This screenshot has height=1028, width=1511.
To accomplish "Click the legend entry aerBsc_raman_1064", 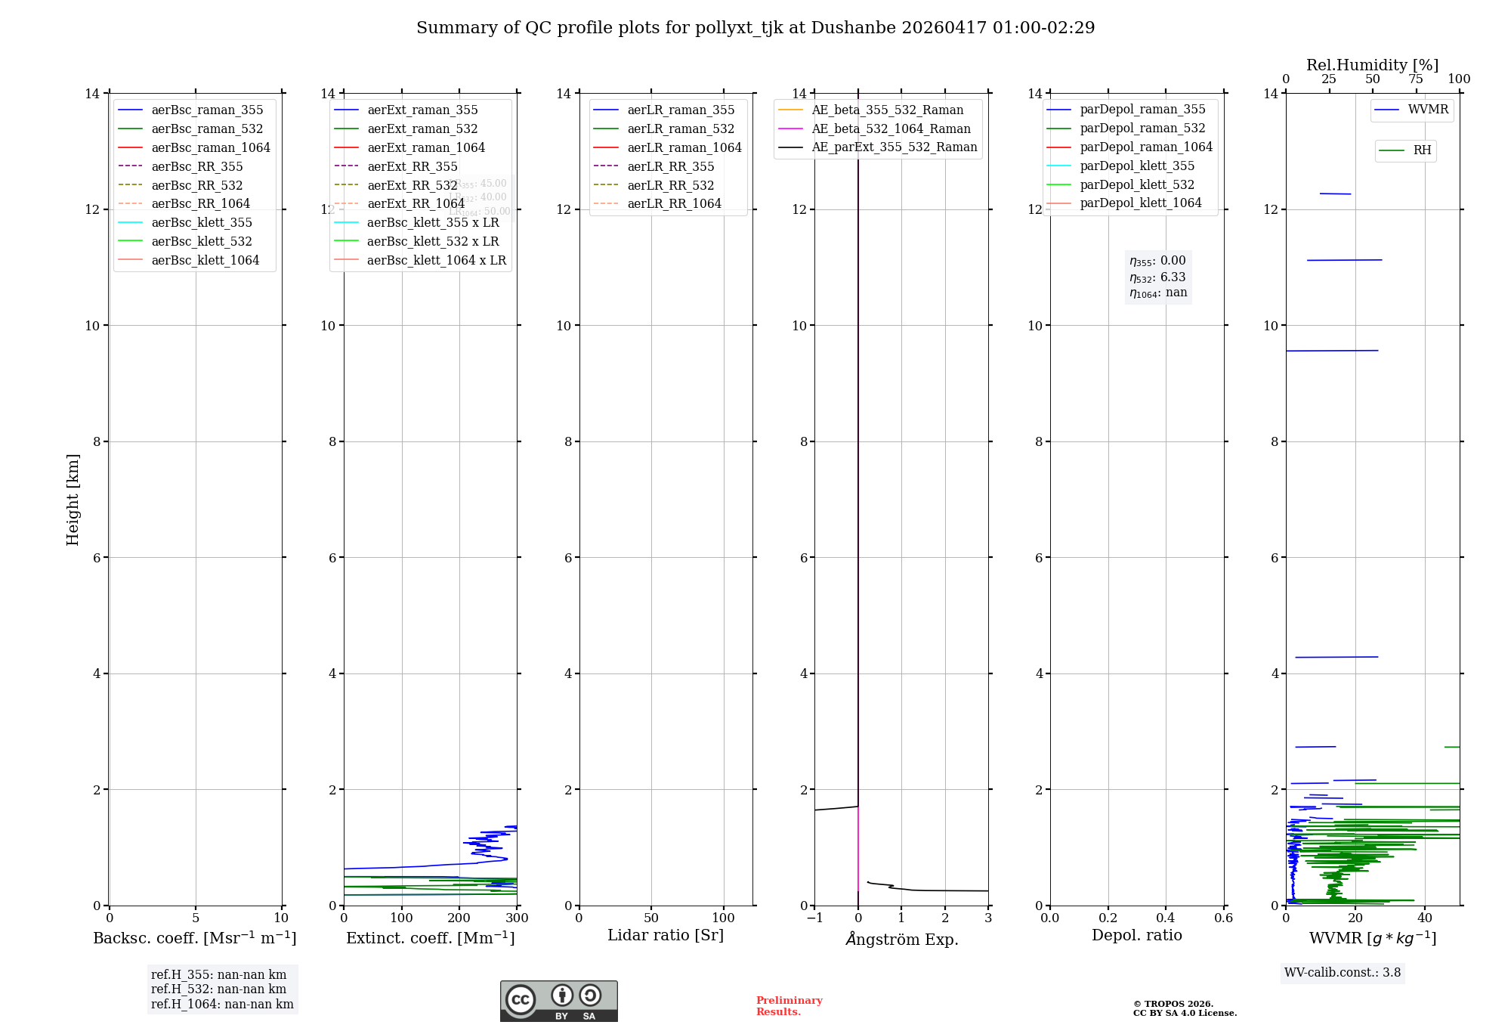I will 211,147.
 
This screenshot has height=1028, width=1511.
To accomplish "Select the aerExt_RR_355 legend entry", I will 413,166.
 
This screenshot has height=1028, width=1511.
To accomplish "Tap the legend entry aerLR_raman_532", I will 681,128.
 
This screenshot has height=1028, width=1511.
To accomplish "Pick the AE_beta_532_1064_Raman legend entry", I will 891,128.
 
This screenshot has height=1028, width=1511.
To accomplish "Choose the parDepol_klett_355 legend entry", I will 1137,166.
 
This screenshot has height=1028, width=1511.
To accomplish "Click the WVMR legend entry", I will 1428,110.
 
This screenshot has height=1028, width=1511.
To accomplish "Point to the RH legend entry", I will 1422,150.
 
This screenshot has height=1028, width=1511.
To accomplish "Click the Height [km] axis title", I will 73,499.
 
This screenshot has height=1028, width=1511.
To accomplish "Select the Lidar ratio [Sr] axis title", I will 666,935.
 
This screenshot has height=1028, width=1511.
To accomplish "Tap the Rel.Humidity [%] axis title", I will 1372,65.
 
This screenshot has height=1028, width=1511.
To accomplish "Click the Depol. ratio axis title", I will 1136,935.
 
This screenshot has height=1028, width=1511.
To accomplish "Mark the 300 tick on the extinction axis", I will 517,918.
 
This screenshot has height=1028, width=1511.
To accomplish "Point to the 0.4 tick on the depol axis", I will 1166,918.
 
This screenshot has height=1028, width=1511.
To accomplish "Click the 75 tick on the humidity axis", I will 1416,79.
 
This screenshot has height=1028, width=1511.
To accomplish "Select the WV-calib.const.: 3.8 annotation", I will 1342,973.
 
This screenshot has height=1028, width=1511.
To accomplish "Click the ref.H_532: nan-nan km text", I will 218,989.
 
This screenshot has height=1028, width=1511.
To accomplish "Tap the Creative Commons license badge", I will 558,1001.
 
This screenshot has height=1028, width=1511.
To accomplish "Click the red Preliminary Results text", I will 789,1006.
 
